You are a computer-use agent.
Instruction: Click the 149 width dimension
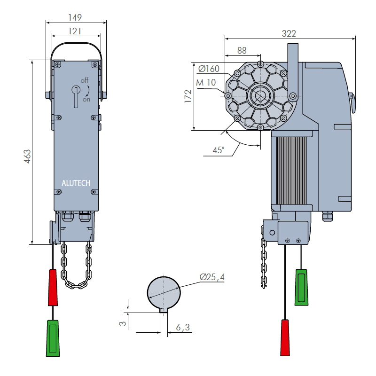pos(75,17)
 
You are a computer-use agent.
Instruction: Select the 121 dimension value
pos(75,31)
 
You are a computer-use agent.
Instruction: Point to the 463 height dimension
pos(27,157)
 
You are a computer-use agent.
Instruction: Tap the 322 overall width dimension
pos(289,33)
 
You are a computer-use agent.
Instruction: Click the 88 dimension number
pos(242,50)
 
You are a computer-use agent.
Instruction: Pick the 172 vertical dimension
pos(188,96)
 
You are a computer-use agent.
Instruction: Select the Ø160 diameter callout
pos(209,69)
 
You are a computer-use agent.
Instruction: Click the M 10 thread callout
pos(206,83)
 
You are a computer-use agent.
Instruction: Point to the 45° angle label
pos(219,150)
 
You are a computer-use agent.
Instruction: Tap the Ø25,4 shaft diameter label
pos(212,277)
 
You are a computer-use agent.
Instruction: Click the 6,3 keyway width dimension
pos(183,327)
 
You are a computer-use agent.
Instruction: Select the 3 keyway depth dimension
pos(123,323)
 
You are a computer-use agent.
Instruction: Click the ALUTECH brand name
pos(76,183)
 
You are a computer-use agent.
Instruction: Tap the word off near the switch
pos(85,80)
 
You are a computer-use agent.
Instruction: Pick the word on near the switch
pos(86,100)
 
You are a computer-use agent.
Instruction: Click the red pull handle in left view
pos(53,287)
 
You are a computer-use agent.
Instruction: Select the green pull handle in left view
pos(53,338)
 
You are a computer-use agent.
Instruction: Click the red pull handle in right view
pos(285,337)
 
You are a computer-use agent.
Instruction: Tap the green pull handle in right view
pos(301,287)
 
